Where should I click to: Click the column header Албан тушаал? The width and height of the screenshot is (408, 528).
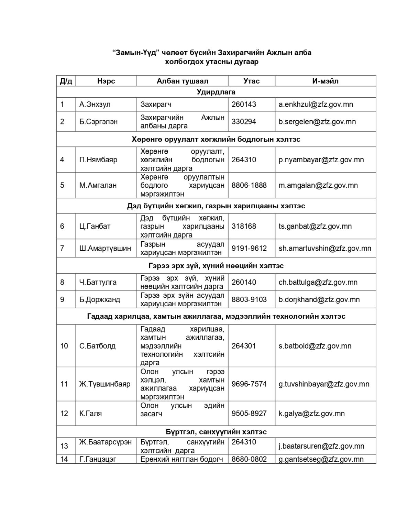[x=182, y=81]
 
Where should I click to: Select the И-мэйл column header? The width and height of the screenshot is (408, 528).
[x=325, y=81]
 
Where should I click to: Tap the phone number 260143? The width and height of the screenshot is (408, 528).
[x=244, y=104]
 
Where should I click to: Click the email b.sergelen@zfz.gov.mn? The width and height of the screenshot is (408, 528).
[x=317, y=121]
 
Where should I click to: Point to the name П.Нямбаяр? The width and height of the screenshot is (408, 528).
[x=98, y=159]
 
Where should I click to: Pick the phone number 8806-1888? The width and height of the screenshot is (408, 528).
[x=249, y=185]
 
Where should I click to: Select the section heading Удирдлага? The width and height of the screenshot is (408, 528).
[x=216, y=92]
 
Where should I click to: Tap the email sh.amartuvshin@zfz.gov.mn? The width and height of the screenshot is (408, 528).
[x=325, y=248]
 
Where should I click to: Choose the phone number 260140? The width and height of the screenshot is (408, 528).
[x=244, y=282]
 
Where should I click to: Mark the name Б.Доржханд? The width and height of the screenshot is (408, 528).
[x=100, y=299]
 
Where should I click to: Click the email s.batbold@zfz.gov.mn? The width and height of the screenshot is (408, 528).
[x=315, y=346]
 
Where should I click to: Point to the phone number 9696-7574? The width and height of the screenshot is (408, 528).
[x=249, y=384]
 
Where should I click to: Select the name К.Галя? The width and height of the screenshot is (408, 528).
[x=90, y=413]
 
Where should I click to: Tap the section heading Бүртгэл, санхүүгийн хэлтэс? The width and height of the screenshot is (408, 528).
[x=216, y=431]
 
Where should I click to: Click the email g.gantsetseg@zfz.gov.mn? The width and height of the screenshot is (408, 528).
[x=321, y=459]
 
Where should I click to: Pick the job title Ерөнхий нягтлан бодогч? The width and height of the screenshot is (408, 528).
[x=181, y=459]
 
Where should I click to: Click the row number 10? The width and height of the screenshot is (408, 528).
[x=64, y=346]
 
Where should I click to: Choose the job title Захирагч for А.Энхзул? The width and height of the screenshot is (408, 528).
[x=156, y=104]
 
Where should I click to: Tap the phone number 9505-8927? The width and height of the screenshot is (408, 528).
[x=249, y=413]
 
